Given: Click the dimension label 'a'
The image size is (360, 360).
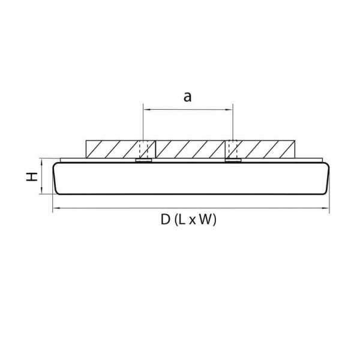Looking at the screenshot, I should tap(187, 97).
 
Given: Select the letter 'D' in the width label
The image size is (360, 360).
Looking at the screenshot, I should tap(165, 220).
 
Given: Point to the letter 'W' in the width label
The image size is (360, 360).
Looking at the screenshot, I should tap(205, 220).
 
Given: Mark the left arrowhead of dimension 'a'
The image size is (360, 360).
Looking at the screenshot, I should tap(145, 109).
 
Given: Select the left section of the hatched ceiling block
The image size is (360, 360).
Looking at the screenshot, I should tap(112, 149).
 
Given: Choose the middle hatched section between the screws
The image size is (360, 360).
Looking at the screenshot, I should tap(188, 149).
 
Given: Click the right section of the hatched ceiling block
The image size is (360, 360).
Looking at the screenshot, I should tap(267, 149).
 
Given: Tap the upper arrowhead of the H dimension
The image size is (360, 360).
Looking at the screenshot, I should tap(41, 161).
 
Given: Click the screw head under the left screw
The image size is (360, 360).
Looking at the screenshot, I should tap(143, 160).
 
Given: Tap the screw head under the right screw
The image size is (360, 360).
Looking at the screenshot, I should tap(233, 160).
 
